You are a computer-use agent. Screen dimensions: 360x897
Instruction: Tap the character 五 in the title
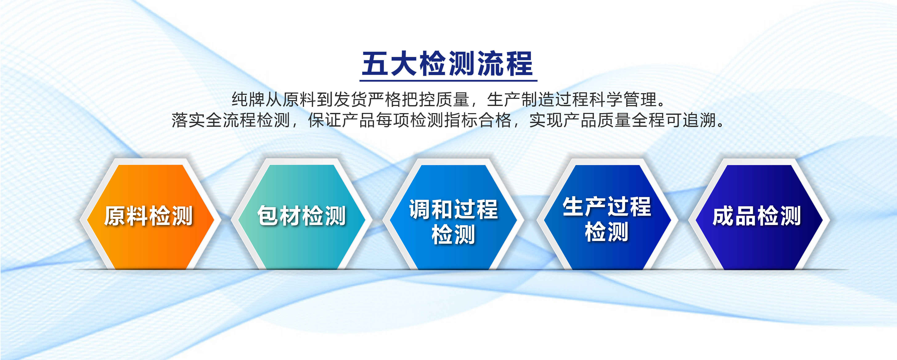click(x=375, y=64)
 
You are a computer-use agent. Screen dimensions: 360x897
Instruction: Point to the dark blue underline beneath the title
click(x=448, y=80)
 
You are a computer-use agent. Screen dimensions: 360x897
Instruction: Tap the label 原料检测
click(x=148, y=216)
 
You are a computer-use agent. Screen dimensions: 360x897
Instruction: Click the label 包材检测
click(x=302, y=216)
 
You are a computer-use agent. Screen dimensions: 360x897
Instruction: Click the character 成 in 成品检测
click(x=723, y=216)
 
